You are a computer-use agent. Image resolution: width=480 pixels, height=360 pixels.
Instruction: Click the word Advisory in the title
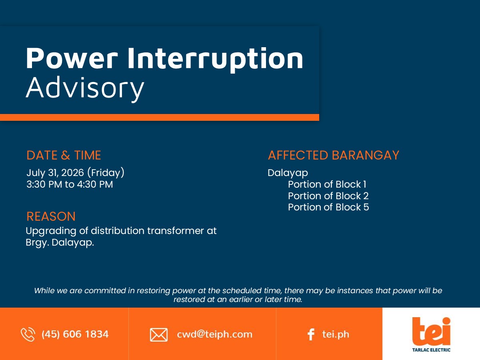pyautogui.click(x=85, y=88)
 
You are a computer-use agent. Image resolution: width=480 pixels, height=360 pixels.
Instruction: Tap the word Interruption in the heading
pyautogui.click(x=215, y=59)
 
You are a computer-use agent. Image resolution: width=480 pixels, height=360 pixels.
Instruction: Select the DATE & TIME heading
pyautogui.click(x=64, y=155)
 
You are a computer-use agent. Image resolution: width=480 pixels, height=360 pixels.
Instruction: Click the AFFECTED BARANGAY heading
pyautogui.click(x=334, y=155)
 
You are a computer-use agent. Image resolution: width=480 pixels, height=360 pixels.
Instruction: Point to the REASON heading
pyautogui.click(x=51, y=216)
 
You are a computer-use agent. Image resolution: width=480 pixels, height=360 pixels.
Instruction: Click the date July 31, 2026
pyautogui.click(x=55, y=173)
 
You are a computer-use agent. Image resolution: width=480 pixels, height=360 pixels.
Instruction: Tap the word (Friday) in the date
pyautogui.click(x=106, y=173)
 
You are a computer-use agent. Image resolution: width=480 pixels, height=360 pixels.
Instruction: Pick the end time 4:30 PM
pyautogui.click(x=95, y=184)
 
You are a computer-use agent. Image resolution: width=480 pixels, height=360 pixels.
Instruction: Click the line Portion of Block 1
pyautogui.click(x=327, y=184)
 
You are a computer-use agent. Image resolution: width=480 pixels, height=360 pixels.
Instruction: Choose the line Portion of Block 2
pyautogui.click(x=328, y=196)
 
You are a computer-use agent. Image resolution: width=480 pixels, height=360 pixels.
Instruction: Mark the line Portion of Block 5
pyautogui.click(x=328, y=207)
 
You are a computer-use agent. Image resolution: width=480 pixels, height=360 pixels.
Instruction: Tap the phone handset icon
pyautogui.click(x=28, y=334)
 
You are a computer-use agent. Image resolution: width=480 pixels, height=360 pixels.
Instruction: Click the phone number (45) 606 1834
pyautogui.click(x=75, y=334)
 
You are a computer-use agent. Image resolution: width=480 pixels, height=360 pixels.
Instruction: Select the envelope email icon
pyautogui.click(x=159, y=335)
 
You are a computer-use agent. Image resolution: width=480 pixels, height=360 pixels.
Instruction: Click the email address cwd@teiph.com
pyautogui.click(x=214, y=334)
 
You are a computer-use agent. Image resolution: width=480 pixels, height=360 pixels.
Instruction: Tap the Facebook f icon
pyautogui.click(x=311, y=334)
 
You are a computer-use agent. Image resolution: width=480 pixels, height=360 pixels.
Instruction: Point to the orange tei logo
pyautogui.click(x=431, y=331)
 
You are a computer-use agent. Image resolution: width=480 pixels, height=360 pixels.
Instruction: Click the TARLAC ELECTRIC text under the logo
pyautogui.click(x=431, y=350)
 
